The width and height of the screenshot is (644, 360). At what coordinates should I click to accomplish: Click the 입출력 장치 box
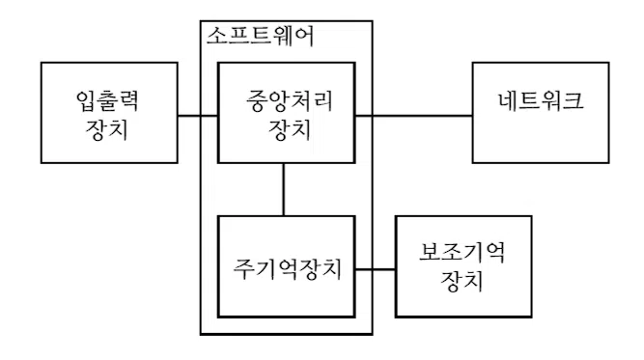(x=109, y=114)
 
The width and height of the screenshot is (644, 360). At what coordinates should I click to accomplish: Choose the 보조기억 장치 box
(x=462, y=267)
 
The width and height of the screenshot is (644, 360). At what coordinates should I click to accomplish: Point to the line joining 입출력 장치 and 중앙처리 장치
(x=198, y=114)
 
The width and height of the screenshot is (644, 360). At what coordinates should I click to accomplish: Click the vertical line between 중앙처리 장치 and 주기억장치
(x=283, y=189)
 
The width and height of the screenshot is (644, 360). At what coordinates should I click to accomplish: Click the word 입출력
(x=109, y=100)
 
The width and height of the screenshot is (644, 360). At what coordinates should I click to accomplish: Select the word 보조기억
(x=462, y=254)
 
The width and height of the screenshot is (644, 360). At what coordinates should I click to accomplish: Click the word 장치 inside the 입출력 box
(x=109, y=128)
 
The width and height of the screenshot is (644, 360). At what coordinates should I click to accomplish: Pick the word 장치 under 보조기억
(x=462, y=283)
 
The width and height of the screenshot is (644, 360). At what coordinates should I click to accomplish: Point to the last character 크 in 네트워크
(x=573, y=100)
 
